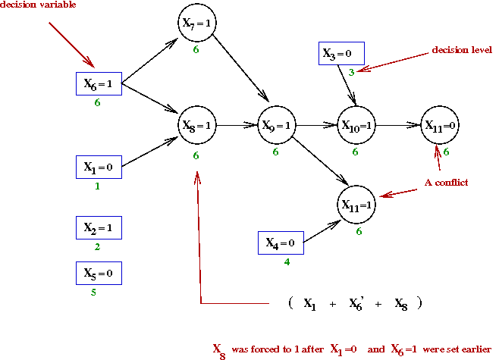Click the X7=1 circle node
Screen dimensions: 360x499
tap(196, 24)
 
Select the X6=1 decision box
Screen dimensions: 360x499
tap(99, 83)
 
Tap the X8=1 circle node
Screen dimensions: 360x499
tap(197, 125)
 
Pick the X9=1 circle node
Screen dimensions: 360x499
tap(277, 126)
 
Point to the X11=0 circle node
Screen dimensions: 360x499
tap(440, 126)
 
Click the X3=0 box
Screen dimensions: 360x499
tap(341, 53)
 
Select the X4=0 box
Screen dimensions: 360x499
tap(281, 243)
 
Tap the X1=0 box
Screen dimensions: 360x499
tap(99, 166)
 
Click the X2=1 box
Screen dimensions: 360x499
tap(99, 227)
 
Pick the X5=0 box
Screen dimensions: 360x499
tap(99, 272)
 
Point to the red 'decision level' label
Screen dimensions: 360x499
tap(462, 50)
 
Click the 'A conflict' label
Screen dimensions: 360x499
tap(447, 182)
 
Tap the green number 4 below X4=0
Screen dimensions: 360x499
tap(287, 262)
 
